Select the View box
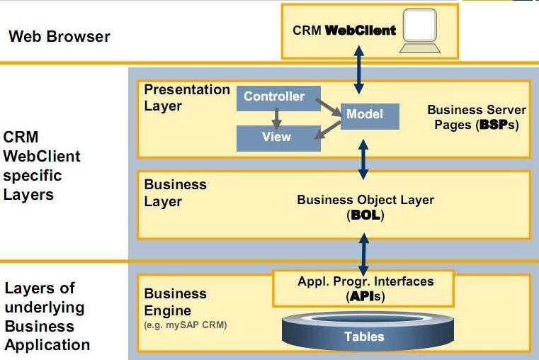pos(276,137)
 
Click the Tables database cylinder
pos(364,332)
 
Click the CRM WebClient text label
pos(344,31)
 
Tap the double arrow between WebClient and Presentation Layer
pos(359,70)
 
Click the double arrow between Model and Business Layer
pos(364,160)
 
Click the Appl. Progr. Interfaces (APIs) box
pos(364,288)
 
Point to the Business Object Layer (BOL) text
pos(365,207)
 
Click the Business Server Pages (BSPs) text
pos(477,118)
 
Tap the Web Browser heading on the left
pos(59,36)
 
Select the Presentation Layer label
pos(186,98)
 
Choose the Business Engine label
pos(176,302)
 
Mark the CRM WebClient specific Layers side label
pos(42,165)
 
